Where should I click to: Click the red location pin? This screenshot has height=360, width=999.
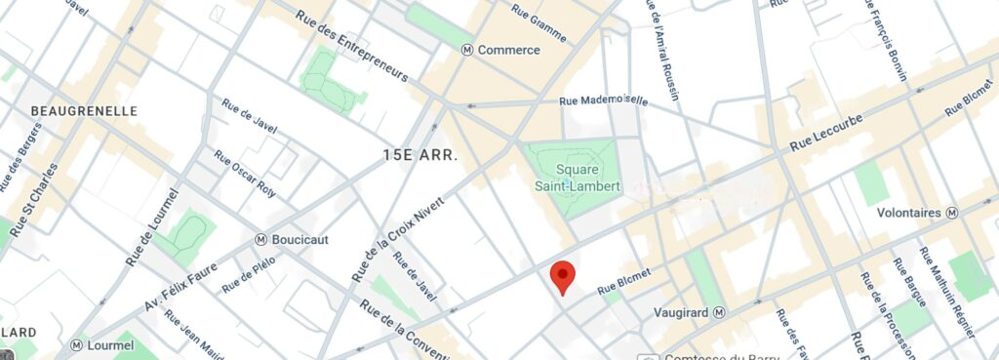[x=561, y=276]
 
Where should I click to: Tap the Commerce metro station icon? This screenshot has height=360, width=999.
[x=467, y=50]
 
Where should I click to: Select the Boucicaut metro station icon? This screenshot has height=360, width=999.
[x=261, y=239]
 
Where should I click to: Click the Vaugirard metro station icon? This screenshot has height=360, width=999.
[x=719, y=312]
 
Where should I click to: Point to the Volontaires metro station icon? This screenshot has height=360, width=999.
[x=953, y=212]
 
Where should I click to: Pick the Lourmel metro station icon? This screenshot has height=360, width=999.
[x=76, y=344]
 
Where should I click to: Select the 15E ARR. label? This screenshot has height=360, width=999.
[x=420, y=155]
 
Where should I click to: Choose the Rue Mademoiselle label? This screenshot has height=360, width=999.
[x=603, y=100]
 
